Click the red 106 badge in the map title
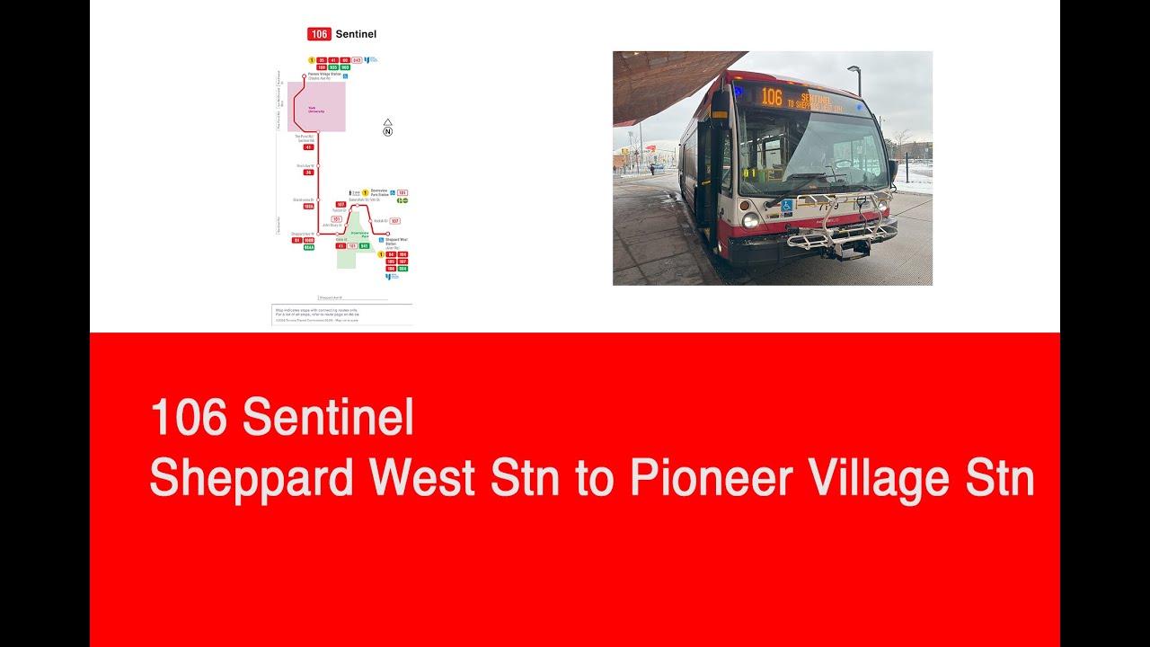tap(319, 34)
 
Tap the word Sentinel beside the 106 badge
tap(356, 34)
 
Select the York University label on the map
tap(317, 111)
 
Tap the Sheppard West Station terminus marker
tap(387, 234)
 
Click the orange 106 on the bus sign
tap(771, 97)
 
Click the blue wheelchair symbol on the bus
tap(786, 205)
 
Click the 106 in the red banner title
tap(189, 418)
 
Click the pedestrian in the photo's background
tap(652, 168)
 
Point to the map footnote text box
tap(342, 314)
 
